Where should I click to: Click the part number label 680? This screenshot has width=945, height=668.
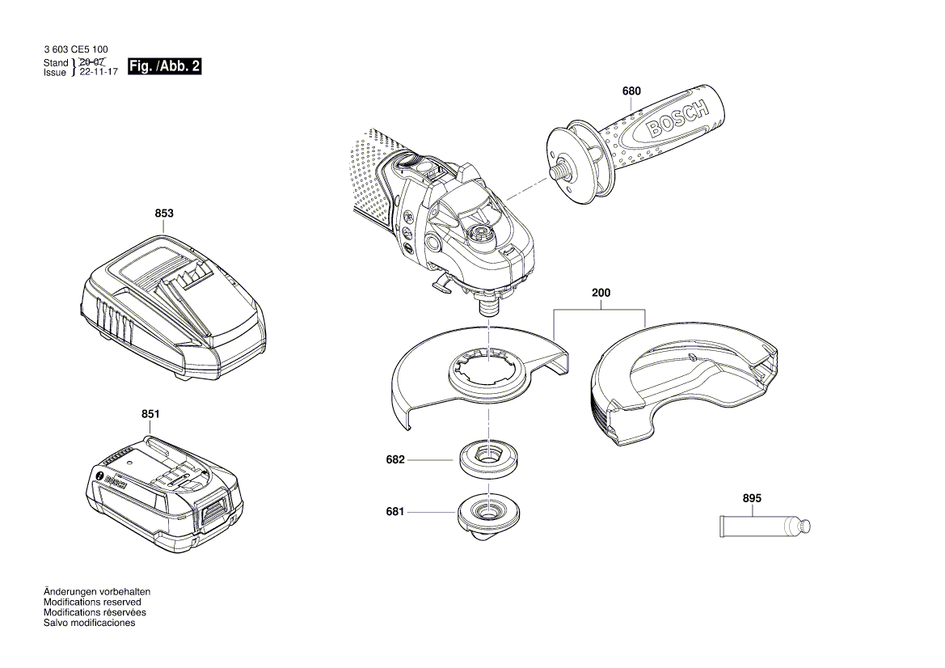[x=631, y=91]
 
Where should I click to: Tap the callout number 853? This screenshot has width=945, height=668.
[x=164, y=214]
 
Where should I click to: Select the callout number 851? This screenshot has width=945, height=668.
[x=150, y=414]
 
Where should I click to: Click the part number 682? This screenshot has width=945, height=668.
[x=395, y=459]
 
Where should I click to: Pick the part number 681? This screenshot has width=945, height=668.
[x=395, y=511]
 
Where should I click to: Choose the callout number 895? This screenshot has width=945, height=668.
[x=752, y=499]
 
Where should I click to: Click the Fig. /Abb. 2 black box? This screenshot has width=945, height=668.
[x=164, y=67]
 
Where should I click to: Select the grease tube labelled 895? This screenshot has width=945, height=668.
[x=764, y=527]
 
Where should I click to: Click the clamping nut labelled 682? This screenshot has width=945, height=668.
[x=488, y=458]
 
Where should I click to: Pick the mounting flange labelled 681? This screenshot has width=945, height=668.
[x=487, y=516]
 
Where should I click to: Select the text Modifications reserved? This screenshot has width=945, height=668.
[x=92, y=602]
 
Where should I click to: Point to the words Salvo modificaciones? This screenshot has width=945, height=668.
[x=89, y=624]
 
